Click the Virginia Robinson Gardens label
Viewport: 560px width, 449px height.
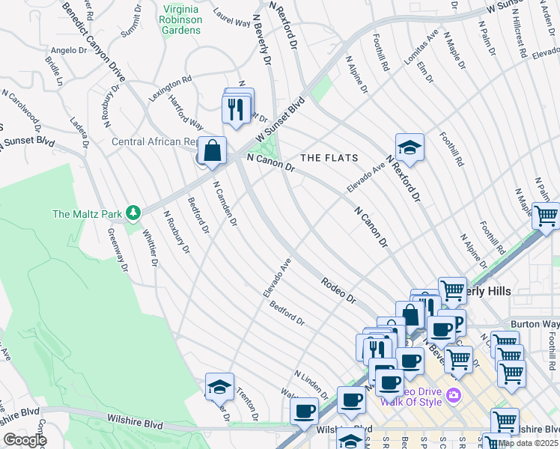coord(181,20)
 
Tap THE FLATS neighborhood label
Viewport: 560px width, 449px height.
coord(329,158)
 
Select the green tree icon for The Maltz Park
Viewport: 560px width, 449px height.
coord(133,214)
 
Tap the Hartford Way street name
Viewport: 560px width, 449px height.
coord(186,112)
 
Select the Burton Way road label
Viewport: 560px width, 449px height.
coord(535,325)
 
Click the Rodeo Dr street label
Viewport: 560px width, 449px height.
coord(338,289)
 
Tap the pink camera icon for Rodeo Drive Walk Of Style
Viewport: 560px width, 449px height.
coord(452,394)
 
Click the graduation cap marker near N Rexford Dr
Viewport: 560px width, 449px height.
coord(410,148)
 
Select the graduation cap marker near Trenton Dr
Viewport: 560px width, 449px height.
coord(219,387)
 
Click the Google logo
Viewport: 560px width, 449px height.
coord(25,440)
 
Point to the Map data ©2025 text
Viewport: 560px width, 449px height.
coord(529,443)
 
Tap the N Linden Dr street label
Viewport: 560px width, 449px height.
coord(311,384)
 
